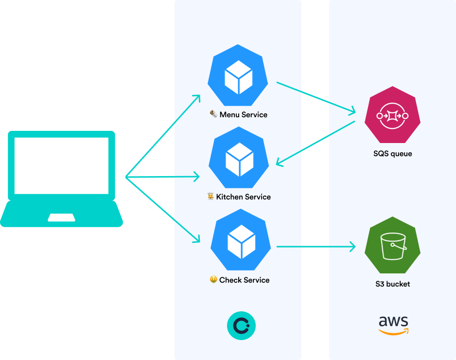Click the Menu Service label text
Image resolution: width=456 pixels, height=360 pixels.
pos(243,115)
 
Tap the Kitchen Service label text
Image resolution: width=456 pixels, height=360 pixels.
pos(243,197)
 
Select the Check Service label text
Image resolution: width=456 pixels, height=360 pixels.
pos(244,280)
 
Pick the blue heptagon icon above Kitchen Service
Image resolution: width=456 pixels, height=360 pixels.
pos(239,158)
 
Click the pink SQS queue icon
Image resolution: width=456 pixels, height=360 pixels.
pos(392,115)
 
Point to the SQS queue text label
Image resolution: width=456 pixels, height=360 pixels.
pos(392,154)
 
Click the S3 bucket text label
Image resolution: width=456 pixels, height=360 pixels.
pos(392,284)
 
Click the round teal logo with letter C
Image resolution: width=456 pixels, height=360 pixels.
pos(241,325)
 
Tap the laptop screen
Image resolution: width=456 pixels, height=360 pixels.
pos(61,165)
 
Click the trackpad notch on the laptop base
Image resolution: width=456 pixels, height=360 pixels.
pos(62,217)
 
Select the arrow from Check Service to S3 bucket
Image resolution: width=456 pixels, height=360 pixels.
pos(316,247)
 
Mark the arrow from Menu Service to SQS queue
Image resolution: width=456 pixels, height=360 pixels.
pos(316,97)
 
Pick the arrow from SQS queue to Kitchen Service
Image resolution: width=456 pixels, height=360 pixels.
pos(316,143)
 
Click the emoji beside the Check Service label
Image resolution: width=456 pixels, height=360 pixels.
pos(213,280)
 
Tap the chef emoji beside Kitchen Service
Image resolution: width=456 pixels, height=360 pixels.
pos(210,197)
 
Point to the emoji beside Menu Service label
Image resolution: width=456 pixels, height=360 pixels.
pos(213,114)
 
